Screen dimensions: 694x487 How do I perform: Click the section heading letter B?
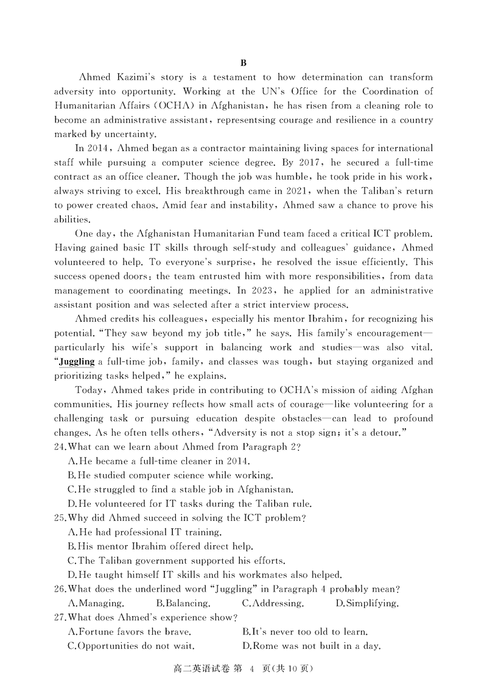(243, 63)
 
